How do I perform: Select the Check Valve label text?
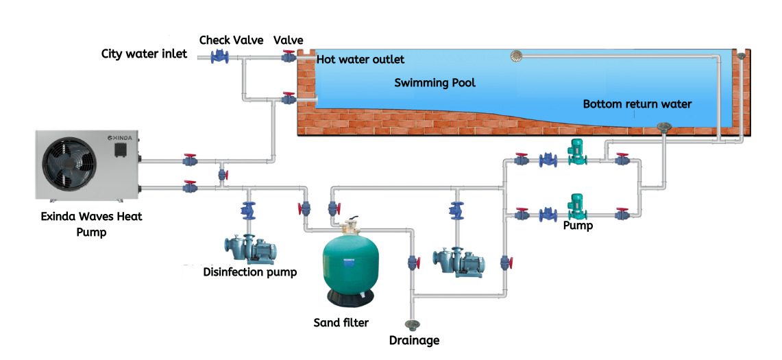(231, 40)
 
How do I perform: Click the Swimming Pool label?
(435, 83)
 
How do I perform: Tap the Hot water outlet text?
(361, 60)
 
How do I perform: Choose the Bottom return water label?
(637, 104)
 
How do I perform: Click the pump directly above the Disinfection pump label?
(249, 248)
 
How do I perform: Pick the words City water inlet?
(144, 54)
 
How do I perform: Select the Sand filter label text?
(341, 322)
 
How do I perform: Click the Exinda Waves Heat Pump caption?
(92, 224)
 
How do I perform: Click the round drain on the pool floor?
(663, 126)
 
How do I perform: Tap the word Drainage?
(414, 340)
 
